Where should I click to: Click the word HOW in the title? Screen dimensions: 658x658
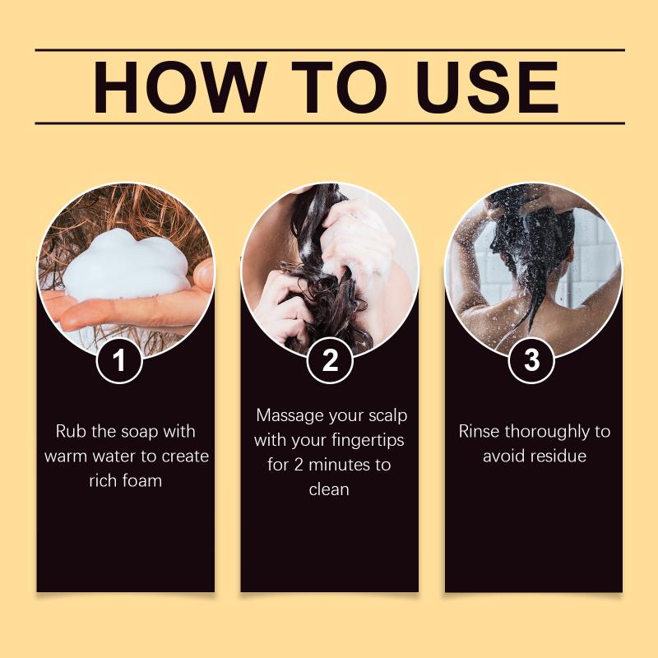pyautogui.click(x=180, y=87)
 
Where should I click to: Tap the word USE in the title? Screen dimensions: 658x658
pyautogui.click(x=487, y=87)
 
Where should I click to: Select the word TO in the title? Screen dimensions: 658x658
pyautogui.click(x=341, y=87)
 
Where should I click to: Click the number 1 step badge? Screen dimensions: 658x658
pyautogui.click(x=119, y=360)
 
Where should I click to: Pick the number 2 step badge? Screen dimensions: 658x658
pyautogui.click(x=330, y=360)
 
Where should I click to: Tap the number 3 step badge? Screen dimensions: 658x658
pyautogui.click(x=531, y=360)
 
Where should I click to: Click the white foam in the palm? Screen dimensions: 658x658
pyautogui.click(x=126, y=265)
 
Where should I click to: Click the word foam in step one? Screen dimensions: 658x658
pyautogui.click(x=143, y=480)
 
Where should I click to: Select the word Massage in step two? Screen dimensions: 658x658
pyautogui.click(x=290, y=416)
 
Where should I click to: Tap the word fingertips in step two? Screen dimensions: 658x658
pyautogui.click(x=368, y=441)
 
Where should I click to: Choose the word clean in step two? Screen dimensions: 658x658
pyautogui.click(x=329, y=489)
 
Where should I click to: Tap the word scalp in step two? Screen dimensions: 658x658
pyautogui.click(x=388, y=416)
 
